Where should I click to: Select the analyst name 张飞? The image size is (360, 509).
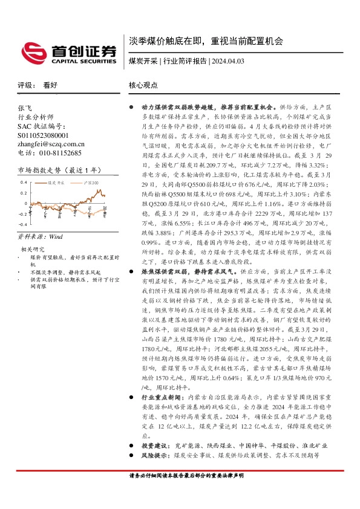pos(25,106)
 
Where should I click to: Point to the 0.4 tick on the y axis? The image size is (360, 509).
pos(23,182)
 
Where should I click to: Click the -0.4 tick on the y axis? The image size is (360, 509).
pos(22,223)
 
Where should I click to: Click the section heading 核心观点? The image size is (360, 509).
pos(143,86)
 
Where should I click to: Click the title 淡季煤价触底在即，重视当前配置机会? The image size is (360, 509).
pos(206,42)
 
